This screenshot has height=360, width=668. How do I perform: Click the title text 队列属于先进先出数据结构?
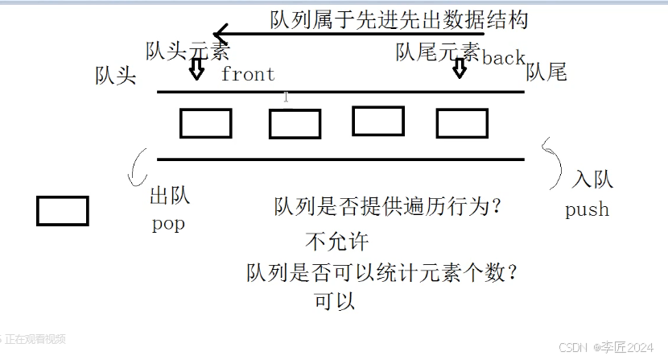click(399, 19)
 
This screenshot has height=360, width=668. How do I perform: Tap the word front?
click(248, 75)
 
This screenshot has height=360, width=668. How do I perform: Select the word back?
click(503, 59)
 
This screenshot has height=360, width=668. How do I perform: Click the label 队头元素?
click(188, 52)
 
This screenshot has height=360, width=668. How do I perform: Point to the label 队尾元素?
click(438, 52)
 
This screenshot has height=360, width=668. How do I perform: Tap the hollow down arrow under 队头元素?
click(196, 69)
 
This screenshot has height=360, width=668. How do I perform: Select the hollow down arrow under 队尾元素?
click(459, 68)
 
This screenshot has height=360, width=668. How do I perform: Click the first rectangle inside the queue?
click(205, 123)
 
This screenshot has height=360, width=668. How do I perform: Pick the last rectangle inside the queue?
click(462, 123)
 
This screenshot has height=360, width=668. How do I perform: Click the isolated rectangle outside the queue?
click(63, 210)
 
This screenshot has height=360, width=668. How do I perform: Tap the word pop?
click(168, 224)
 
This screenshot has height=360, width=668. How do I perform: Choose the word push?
click(587, 210)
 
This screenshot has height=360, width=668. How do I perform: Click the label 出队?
click(170, 197)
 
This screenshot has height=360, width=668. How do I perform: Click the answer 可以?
click(335, 303)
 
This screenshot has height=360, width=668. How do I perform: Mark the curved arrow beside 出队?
click(137, 165)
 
